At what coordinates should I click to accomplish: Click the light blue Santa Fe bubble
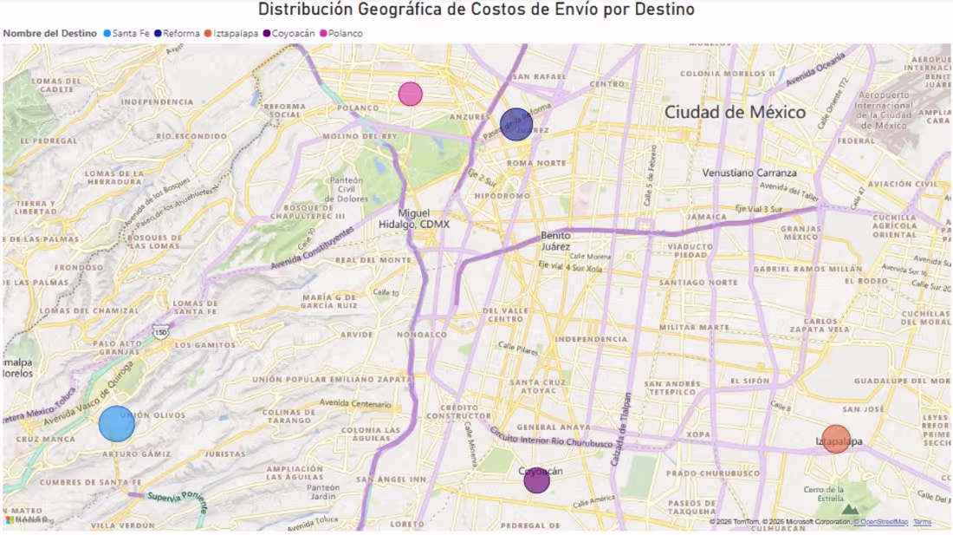click(x=116, y=424)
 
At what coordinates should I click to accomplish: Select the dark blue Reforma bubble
click(x=515, y=125)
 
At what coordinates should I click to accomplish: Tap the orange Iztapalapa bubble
click(x=836, y=440)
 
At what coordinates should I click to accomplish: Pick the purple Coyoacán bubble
click(x=536, y=480)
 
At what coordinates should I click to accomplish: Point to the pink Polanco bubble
click(x=410, y=94)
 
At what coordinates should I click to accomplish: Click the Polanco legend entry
click(x=346, y=33)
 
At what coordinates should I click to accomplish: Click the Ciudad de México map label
click(x=735, y=112)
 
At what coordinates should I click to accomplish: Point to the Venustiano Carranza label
click(x=749, y=173)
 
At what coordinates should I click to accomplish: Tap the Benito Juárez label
click(x=555, y=240)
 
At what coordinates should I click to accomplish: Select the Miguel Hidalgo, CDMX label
click(x=414, y=219)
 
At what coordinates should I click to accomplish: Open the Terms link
click(x=922, y=522)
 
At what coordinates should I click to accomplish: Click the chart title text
click(x=476, y=10)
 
